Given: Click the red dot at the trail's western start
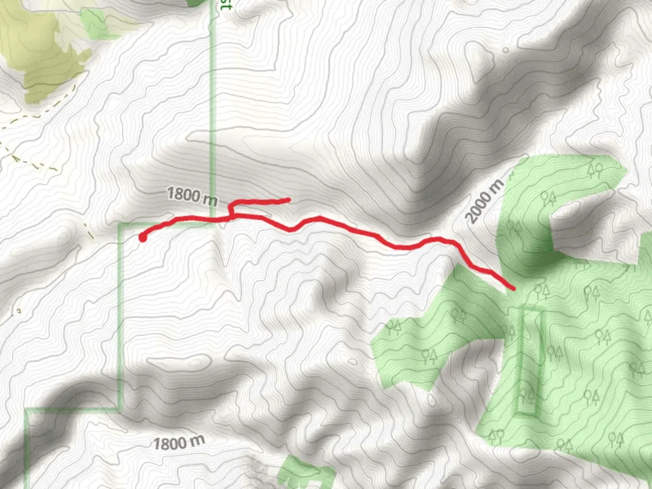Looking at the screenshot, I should tap(143, 238).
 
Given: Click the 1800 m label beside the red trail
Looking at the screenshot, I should tap(192, 196).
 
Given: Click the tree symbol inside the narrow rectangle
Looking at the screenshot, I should tap(527, 395).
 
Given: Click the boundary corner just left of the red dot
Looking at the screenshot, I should tap(120, 224).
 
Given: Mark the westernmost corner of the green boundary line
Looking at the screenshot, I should tap(26, 410).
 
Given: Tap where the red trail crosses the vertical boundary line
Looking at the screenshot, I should tap(213, 220).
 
